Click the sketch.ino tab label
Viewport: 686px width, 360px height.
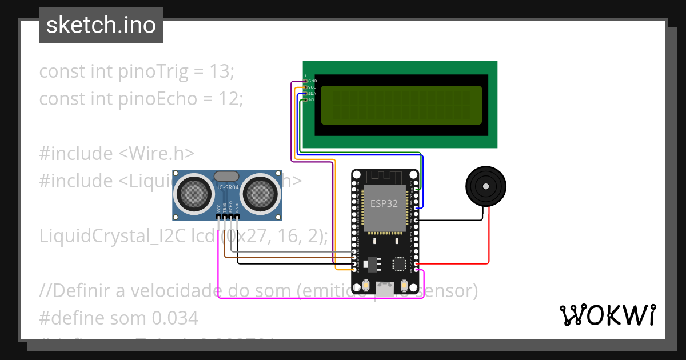pyautogui.click(x=101, y=25)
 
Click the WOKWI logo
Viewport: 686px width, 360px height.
pyautogui.click(x=607, y=315)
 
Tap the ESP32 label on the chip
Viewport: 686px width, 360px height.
pyautogui.click(x=384, y=204)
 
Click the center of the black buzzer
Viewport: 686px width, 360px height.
pyautogui.click(x=486, y=186)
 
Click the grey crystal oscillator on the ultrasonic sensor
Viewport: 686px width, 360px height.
pyautogui.click(x=227, y=176)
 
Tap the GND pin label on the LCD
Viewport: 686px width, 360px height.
pyautogui.click(x=312, y=81)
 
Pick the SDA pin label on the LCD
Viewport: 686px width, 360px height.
pyautogui.click(x=312, y=93)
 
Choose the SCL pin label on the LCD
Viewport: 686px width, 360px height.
pyautogui.click(x=312, y=99)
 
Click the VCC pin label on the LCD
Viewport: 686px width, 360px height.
pyautogui.click(x=312, y=87)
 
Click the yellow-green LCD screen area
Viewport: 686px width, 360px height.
pyautogui.click(x=401, y=105)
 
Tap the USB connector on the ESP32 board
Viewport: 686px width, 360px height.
pyautogui.click(x=385, y=288)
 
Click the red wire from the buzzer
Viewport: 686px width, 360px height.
pyautogui.click(x=489, y=240)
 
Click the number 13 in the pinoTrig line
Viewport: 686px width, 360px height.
pyautogui.click(x=221, y=72)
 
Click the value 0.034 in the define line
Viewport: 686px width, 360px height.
pyautogui.click(x=175, y=318)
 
